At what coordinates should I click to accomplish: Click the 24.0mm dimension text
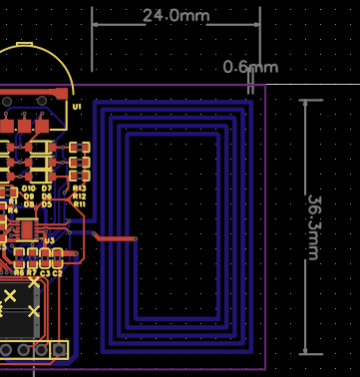coord(177,16)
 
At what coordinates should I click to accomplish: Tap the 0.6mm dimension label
coord(249,67)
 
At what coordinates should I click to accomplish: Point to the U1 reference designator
coord(77,106)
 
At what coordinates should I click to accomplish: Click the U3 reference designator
coord(49,240)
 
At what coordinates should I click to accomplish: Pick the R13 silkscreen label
coord(79,188)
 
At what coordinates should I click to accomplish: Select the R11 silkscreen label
coord(79,203)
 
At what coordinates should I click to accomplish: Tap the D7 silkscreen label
coord(47,188)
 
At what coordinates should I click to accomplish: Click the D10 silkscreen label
coord(28,188)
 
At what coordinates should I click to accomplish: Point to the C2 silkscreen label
coord(57,272)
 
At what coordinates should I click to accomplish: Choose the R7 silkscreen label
coord(31,272)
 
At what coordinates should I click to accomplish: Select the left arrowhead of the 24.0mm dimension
coord(96,17)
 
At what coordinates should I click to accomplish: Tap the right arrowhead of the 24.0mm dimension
coord(258,17)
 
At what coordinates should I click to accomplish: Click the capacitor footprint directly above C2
coord(57,256)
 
